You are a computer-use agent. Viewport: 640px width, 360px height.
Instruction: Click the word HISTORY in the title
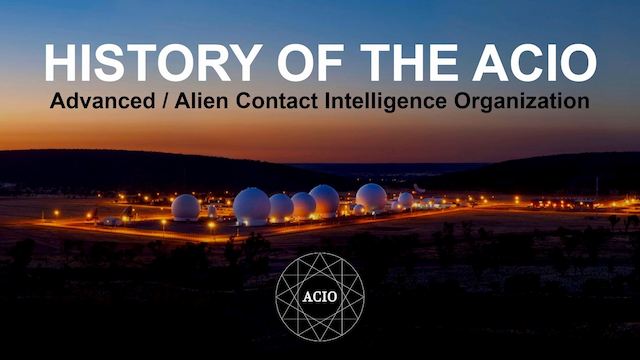(x=154, y=62)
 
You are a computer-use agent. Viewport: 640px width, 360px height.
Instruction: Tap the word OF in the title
(x=310, y=62)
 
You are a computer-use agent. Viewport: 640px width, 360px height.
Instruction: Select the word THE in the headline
(x=409, y=62)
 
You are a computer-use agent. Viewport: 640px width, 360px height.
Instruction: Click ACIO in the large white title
(x=535, y=62)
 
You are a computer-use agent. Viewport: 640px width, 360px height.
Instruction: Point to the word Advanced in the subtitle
(x=102, y=101)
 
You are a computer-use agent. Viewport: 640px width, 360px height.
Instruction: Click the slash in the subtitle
(x=165, y=101)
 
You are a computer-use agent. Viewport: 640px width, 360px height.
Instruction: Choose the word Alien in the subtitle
(x=201, y=101)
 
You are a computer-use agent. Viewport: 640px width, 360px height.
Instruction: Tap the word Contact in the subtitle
(x=277, y=101)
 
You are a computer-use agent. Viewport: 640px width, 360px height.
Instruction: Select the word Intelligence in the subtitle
(x=386, y=102)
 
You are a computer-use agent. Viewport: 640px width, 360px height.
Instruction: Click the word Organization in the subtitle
(x=522, y=102)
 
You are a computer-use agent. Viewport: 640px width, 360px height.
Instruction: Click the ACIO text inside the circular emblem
(x=320, y=297)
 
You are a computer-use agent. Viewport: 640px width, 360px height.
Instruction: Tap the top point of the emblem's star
(x=320, y=253)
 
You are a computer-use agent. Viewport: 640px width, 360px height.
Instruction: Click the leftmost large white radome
(x=186, y=207)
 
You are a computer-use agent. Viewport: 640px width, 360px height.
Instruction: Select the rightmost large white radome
(x=371, y=198)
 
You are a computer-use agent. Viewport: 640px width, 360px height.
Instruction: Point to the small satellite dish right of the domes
(x=419, y=189)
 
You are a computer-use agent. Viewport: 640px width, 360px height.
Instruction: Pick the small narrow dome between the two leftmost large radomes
(x=212, y=211)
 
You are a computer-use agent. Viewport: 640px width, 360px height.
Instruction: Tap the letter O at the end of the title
(x=578, y=62)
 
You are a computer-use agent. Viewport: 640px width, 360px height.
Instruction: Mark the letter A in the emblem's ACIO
(x=307, y=297)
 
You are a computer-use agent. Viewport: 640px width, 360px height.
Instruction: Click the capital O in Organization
(x=462, y=101)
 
